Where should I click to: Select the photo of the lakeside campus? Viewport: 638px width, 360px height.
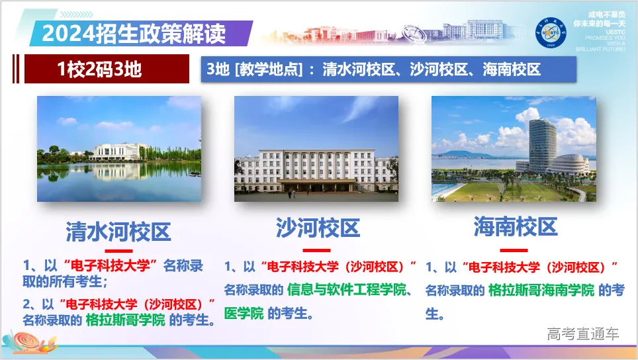point(119,148)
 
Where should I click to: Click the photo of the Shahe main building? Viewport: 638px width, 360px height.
point(316,148)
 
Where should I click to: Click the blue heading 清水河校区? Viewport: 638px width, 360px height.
point(118,231)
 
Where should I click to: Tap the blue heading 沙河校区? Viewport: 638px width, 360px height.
point(318,228)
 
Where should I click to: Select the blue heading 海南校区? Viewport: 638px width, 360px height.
point(516,227)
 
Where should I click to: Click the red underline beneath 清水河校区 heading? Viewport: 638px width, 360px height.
point(118,251)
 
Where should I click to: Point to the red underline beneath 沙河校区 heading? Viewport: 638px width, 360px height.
point(316,250)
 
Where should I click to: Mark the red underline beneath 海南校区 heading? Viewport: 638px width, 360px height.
point(514,250)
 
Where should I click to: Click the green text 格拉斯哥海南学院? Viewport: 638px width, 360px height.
point(541,290)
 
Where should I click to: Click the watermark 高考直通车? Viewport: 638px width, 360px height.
point(582,334)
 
